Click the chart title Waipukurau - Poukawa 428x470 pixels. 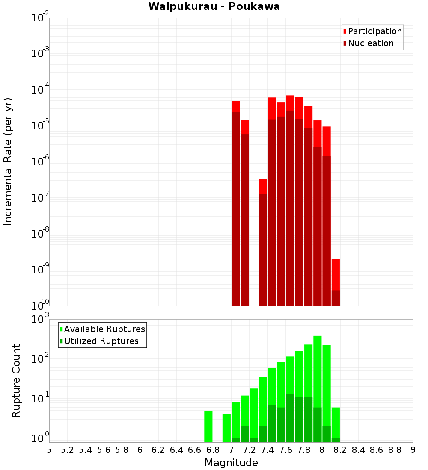coord(214,7)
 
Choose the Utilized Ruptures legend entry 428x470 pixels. coord(101,341)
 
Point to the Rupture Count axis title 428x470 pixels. coord(16,380)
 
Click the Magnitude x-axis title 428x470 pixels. coord(231,463)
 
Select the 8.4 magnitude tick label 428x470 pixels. coord(358,450)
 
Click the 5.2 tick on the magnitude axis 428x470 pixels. coord(67,450)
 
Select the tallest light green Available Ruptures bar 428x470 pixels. coord(318,389)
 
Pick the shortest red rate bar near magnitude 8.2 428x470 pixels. coord(336,282)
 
